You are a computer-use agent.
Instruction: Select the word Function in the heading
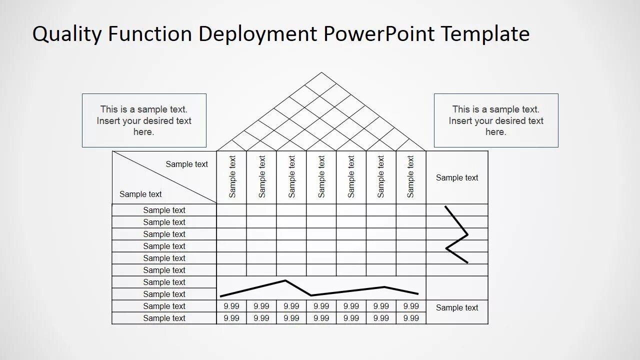150,34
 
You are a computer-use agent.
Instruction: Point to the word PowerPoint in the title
379,34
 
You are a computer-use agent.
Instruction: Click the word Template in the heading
485,34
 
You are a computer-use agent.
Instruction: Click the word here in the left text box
144,132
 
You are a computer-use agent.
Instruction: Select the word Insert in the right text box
460,120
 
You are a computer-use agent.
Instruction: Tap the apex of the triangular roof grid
321,72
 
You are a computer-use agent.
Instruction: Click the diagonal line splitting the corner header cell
164,177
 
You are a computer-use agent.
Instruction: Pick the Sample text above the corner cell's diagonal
186,164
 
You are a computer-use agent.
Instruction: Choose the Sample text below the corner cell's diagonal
140,194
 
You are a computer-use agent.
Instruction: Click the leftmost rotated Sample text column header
232,176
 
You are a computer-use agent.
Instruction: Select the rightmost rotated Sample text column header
410,176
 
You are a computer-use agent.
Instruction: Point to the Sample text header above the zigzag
457,177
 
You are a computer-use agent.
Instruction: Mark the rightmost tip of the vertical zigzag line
467,234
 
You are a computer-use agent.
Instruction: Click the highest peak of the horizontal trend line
285,280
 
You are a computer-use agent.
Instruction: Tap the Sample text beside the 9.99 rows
457,307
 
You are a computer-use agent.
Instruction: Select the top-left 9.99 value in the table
231,306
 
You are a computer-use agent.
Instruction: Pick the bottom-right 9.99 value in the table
411,318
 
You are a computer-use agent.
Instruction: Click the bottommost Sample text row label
164,318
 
